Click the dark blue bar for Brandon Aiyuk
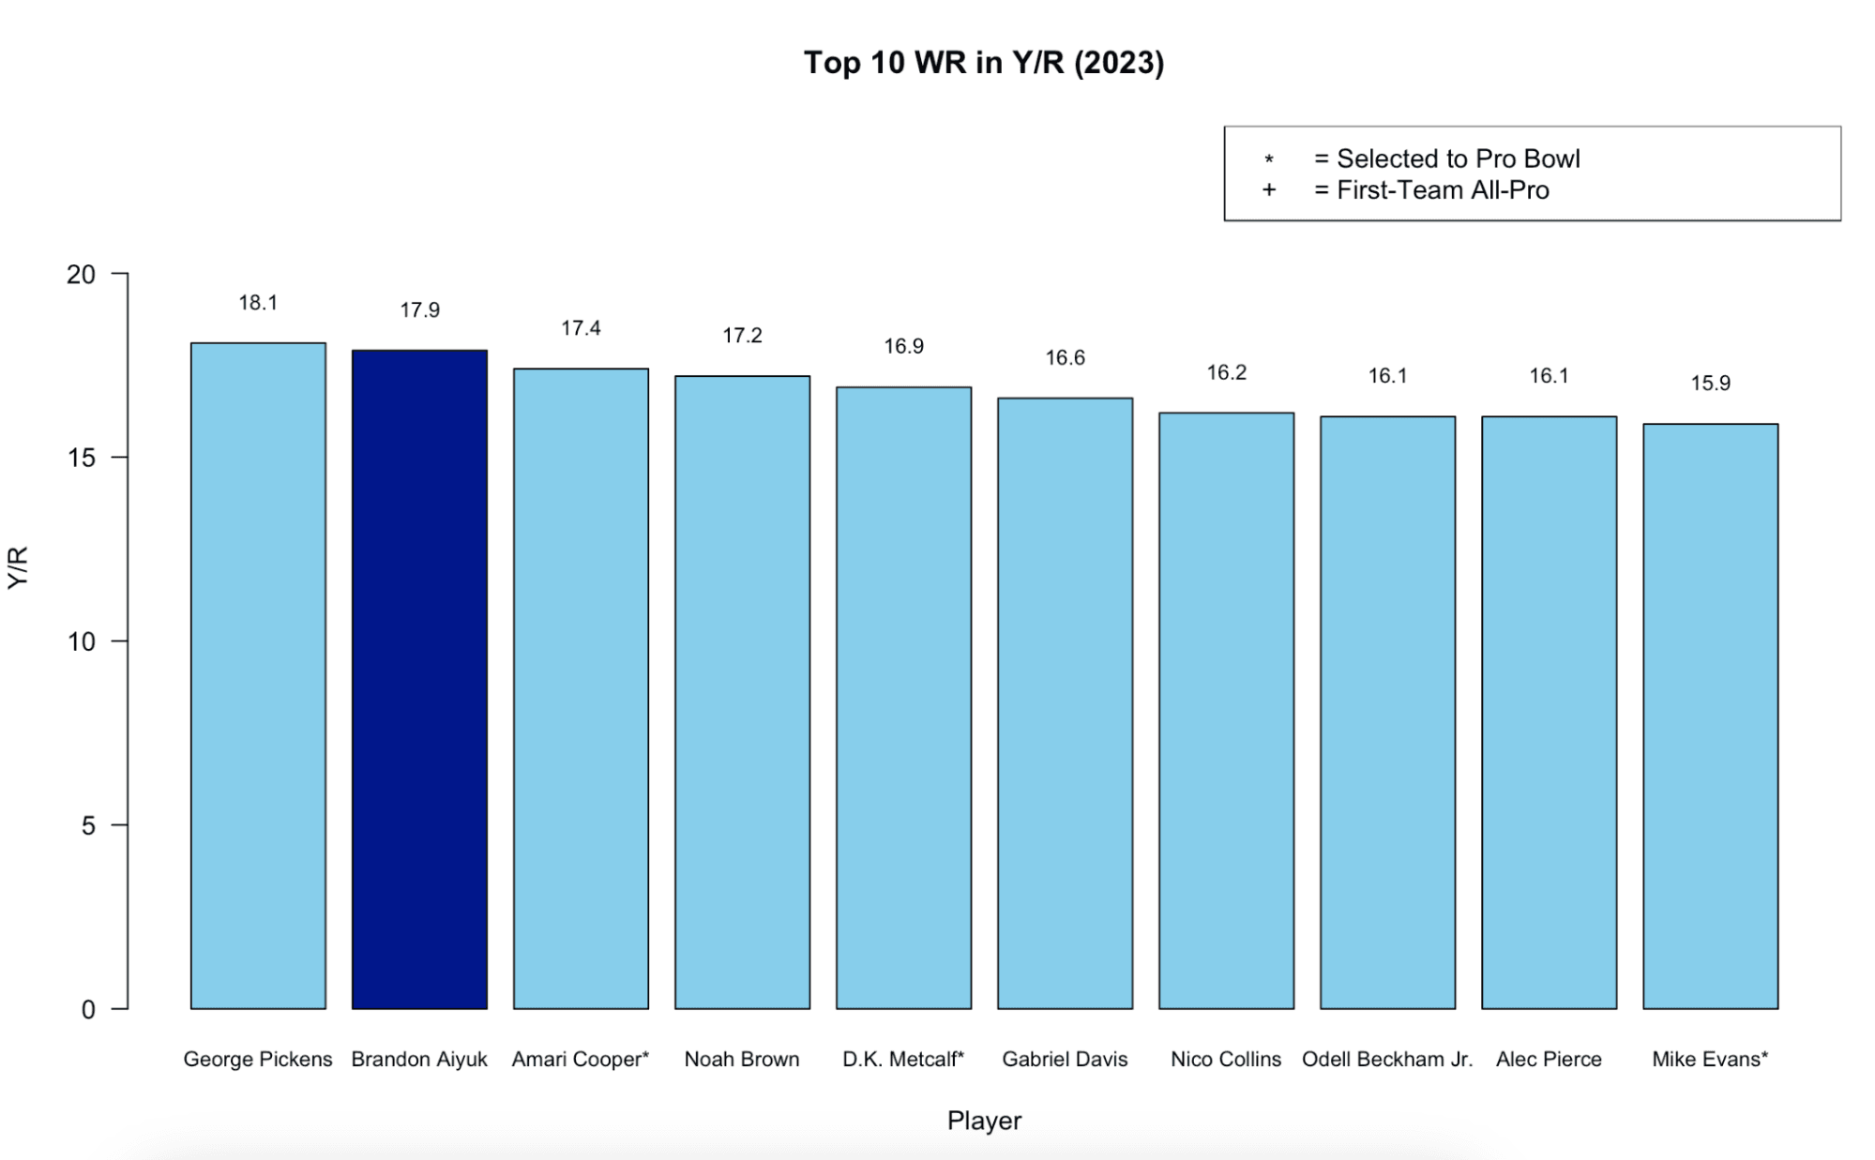pyautogui.click(x=419, y=679)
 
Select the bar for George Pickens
pyautogui.click(x=258, y=675)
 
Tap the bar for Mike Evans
pyautogui.click(x=1710, y=716)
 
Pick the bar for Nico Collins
pyautogui.click(x=1226, y=711)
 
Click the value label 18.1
pyautogui.click(x=258, y=303)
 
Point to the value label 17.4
pyautogui.click(x=581, y=328)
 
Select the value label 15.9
pyautogui.click(x=1710, y=384)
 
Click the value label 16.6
pyautogui.click(x=1065, y=358)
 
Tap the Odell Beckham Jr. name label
pyautogui.click(x=1387, y=1060)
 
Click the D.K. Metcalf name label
pyautogui.click(x=903, y=1060)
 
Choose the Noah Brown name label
pyautogui.click(x=742, y=1060)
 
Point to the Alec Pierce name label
pyautogui.click(x=1549, y=1060)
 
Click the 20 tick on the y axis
pyautogui.click(x=82, y=275)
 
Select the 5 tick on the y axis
pyautogui.click(x=89, y=825)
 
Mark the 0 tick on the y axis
pyautogui.click(x=89, y=1010)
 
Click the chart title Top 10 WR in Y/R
pyautogui.click(x=984, y=63)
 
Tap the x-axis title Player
pyautogui.click(x=984, y=1121)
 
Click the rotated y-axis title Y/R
pyautogui.click(x=19, y=567)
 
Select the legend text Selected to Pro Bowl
pyautogui.click(x=1458, y=159)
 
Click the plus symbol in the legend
pyautogui.click(x=1269, y=190)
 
